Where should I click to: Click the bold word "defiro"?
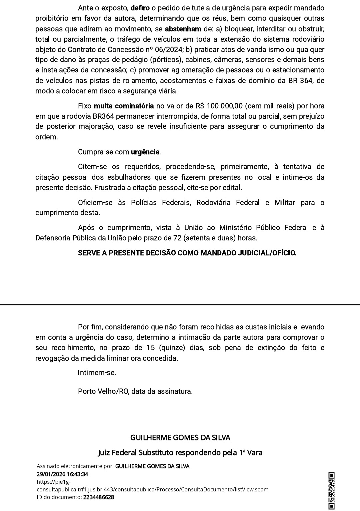click(x=140, y=8)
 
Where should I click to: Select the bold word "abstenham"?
click(x=183, y=29)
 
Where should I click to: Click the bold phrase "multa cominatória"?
click(x=124, y=106)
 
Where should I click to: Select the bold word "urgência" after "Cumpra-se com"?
click(x=145, y=152)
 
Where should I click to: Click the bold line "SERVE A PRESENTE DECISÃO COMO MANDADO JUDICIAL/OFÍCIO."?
click(x=187, y=253)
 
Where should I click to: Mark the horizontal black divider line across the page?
click(x=180, y=305)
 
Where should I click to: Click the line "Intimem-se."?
click(x=97, y=373)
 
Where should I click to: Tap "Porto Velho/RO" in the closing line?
click(x=103, y=391)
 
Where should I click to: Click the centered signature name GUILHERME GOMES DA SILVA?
click(x=180, y=437)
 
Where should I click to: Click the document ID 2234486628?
click(x=99, y=497)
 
